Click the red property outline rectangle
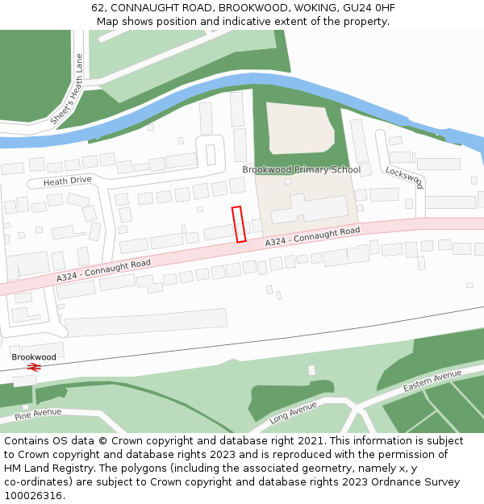pyautogui.click(x=239, y=224)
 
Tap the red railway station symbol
pyautogui.click(x=34, y=367)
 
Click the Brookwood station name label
pyautogui.click(x=34, y=356)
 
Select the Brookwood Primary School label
pyautogui.click(x=301, y=169)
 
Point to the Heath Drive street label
pyautogui.click(x=68, y=182)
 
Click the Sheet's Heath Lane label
pyautogui.click(x=67, y=89)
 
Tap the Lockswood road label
pyautogui.click(x=404, y=177)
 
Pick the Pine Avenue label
pyautogui.click(x=38, y=414)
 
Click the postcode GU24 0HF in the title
pyautogui.click(x=368, y=8)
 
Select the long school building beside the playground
pyautogui.click(x=308, y=210)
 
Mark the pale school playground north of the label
pyautogui.click(x=298, y=127)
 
